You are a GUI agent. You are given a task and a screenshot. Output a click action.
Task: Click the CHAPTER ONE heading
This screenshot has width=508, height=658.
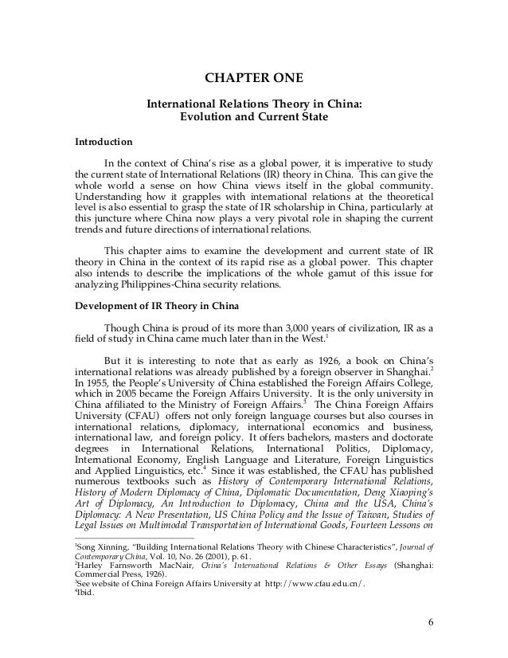coord(254,78)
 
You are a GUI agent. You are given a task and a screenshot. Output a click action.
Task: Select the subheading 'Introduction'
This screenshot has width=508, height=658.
coord(104,143)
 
